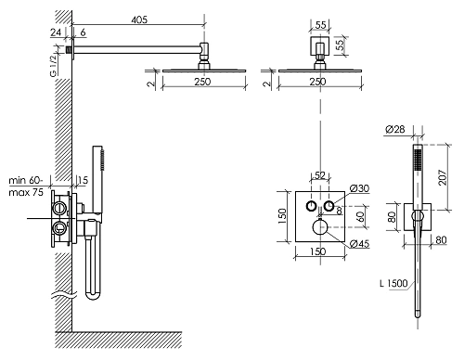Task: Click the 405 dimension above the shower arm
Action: click(x=139, y=19)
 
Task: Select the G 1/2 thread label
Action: click(x=54, y=65)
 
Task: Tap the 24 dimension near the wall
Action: click(x=56, y=32)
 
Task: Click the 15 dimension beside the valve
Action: click(x=83, y=180)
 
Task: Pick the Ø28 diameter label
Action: click(x=395, y=129)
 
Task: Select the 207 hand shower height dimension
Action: click(x=443, y=177)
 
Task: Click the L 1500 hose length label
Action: click(x=393, y=283)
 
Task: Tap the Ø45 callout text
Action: click(x=360, y=244)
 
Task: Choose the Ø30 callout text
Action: click(x=359, y=188)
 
